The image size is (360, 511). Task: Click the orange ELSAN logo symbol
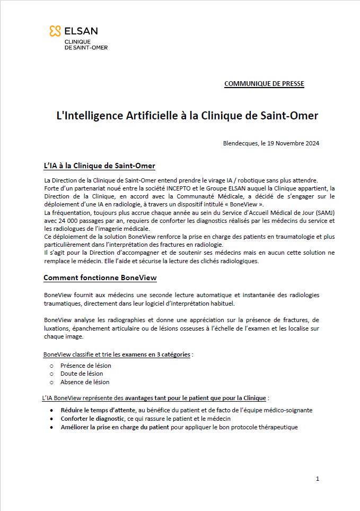pos(55,32)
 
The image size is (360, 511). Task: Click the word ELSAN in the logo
pos(81,31)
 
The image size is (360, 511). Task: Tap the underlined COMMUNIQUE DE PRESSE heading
pos(264,84)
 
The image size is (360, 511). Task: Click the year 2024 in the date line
pos(311,143)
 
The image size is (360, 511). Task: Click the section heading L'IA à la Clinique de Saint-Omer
pos(99,166)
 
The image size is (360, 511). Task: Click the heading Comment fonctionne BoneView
pos(100,278)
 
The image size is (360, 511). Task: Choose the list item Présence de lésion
pos(85,366)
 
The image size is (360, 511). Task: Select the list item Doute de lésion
pos(82,374)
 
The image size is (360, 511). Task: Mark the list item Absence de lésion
pos(85,382)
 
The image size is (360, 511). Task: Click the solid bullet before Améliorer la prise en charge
pos(51,427)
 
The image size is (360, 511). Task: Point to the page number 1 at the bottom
pos(317,479)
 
